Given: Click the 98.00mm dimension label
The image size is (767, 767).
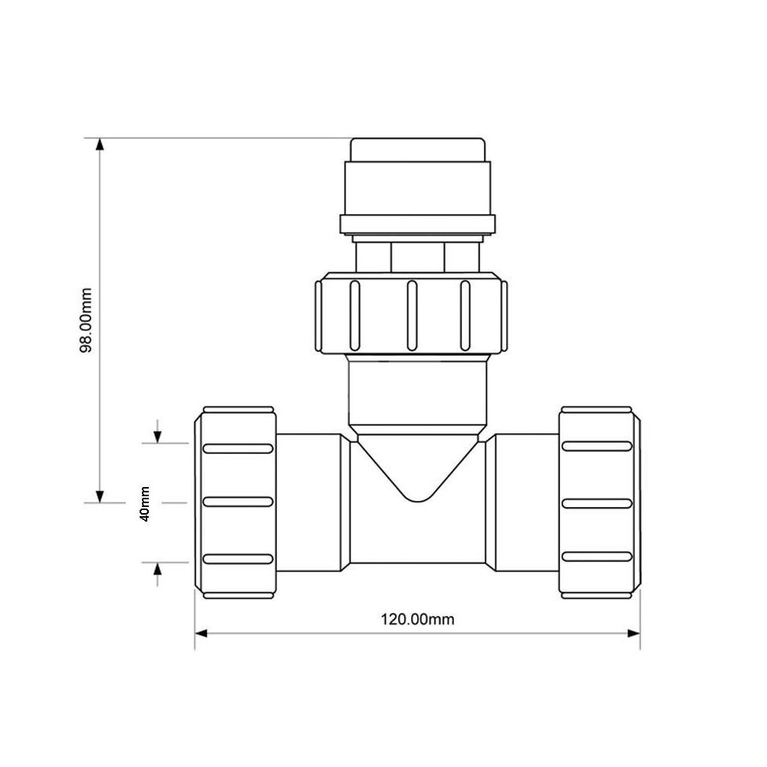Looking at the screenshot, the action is pos(86,321).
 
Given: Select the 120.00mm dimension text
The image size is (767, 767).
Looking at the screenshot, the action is pos(417,619).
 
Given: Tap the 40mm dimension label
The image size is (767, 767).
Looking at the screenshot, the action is pos(145,504).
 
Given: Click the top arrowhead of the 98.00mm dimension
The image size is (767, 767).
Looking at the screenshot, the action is pos(100,144).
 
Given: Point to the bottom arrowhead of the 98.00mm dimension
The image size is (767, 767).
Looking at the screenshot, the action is pos(100,496).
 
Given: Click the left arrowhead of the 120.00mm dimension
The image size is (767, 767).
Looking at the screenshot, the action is pos(201,634).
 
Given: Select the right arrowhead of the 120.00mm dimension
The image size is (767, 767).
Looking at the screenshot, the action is pos(634,634).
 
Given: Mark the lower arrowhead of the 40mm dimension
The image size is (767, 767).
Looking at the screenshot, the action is pos(157,568).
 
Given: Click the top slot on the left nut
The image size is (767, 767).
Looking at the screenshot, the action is pos(238,448).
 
